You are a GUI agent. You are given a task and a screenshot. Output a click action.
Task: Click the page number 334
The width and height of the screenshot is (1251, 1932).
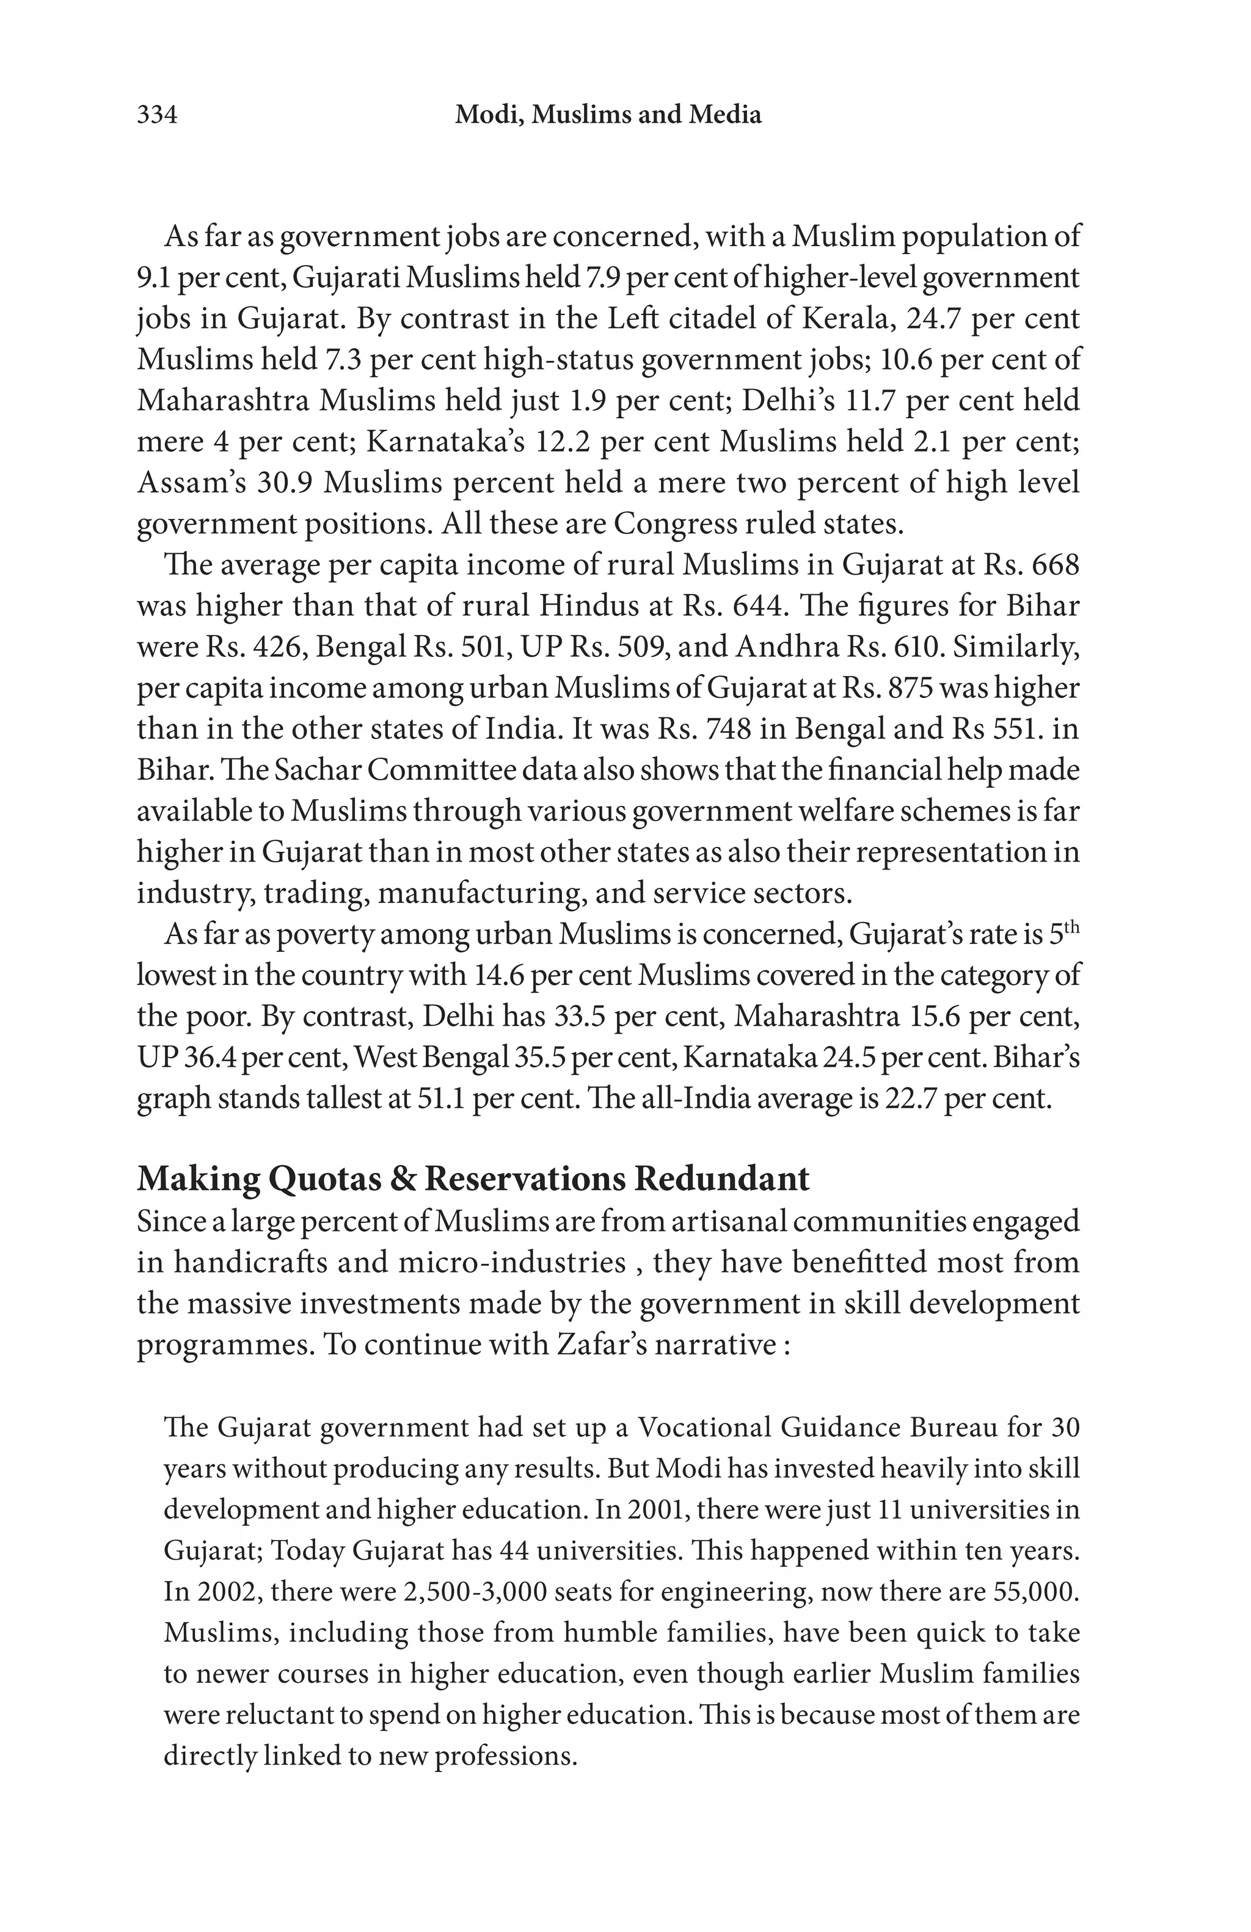(156, 115)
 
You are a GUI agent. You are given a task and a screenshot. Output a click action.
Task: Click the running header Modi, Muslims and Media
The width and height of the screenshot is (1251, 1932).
(608, 115)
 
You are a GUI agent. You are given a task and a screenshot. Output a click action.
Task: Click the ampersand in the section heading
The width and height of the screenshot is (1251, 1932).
(403, 1178)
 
